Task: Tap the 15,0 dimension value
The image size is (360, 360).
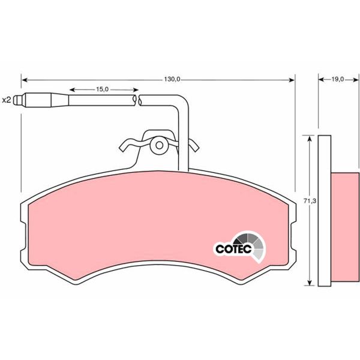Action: click(x=102, y=90)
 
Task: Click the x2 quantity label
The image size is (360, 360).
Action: click(x=6, y=100)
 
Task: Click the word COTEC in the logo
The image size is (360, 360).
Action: click(x=232, y=247)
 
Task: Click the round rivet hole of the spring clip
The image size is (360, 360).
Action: click(x=158, y=144)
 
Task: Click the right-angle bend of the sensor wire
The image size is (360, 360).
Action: click(x=184, y=101)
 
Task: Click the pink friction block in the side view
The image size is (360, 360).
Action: click(x=345, y=229)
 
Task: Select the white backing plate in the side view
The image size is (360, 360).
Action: click(x=324, y=210)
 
